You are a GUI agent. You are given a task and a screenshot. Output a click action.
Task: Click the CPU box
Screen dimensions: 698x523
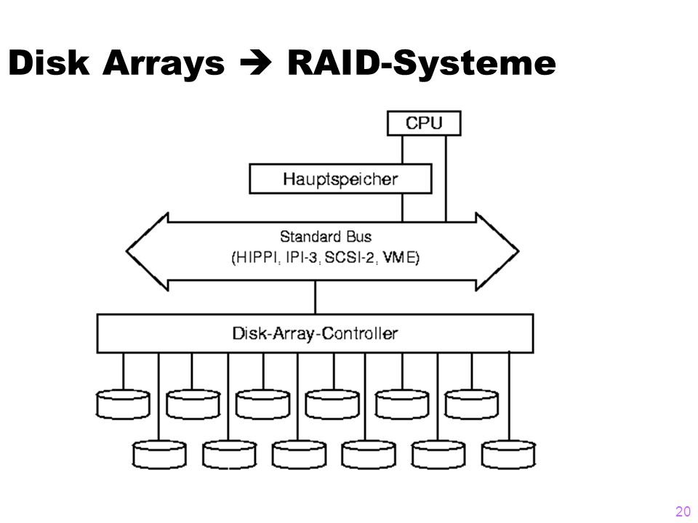[424, 123]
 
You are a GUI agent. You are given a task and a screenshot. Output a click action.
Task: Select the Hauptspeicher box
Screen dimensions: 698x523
[340, 179]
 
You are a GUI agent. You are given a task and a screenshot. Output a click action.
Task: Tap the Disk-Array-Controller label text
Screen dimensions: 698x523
[315, 333]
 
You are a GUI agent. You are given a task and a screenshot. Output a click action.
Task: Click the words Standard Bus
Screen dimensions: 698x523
[326, 237]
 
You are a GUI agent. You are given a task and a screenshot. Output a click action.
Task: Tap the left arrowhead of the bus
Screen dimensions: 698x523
[148, 252]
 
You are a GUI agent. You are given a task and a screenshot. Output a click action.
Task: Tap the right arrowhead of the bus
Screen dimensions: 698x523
[497, 252]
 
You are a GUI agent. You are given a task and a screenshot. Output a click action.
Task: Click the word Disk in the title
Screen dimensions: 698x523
[49, 62]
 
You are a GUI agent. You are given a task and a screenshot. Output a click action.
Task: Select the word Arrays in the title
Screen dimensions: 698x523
[164, 65]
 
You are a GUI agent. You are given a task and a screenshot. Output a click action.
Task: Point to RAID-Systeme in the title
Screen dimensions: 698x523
[422, 65]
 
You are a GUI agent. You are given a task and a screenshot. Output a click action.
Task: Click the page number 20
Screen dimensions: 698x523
[683, 511]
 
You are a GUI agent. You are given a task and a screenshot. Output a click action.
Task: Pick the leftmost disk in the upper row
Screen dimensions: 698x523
[123, 405]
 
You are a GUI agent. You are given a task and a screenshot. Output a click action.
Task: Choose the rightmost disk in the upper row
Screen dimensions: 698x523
[472, 405]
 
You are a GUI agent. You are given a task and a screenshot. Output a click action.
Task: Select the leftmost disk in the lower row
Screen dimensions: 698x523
[159, 455]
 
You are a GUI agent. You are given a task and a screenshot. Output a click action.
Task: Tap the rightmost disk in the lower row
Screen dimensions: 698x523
[508, 455]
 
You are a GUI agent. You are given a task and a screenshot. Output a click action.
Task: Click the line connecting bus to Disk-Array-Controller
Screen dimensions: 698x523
[315, 298]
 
